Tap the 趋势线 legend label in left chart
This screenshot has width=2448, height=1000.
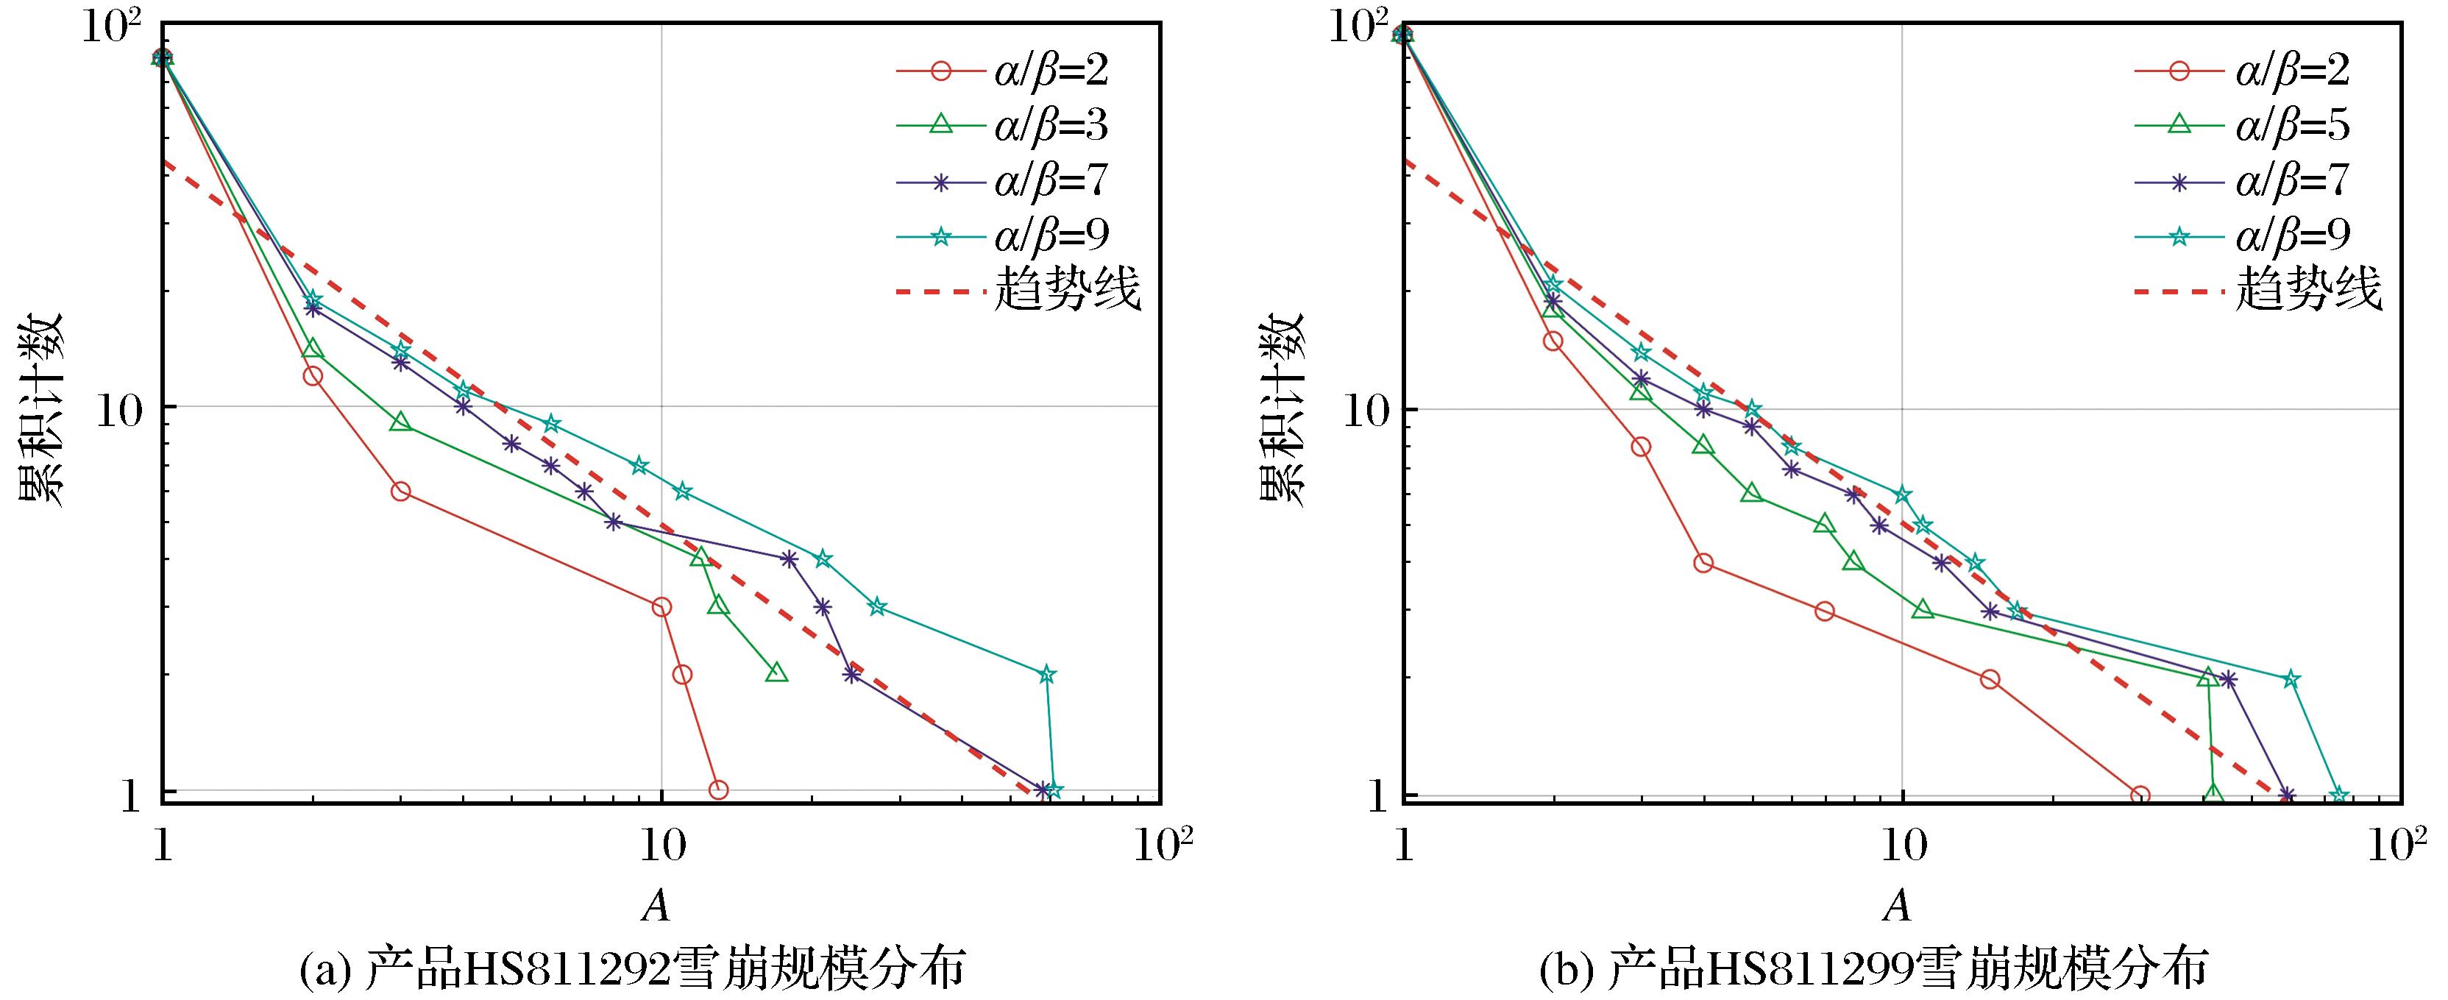tap(1066, 289)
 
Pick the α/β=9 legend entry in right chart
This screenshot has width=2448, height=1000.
tap(2292, 235)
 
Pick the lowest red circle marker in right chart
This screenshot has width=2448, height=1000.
tap(2140, 795)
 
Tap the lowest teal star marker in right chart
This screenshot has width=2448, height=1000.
tap(2340, 795)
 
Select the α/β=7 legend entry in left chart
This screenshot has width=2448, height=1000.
tap(1050, 180)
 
